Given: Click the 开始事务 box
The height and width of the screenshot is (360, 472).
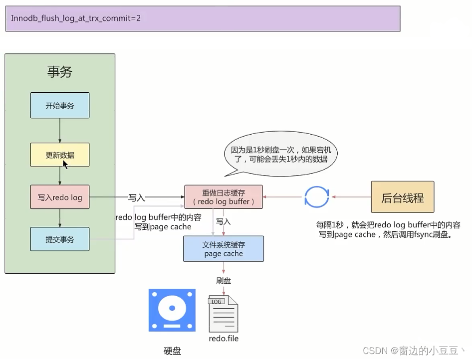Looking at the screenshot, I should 60,105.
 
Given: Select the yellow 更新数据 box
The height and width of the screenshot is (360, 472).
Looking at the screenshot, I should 60,155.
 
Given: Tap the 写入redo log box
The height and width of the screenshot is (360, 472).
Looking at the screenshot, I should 60,197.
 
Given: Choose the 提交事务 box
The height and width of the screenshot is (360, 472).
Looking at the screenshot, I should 60,239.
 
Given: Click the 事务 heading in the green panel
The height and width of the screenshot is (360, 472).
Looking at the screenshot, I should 60,72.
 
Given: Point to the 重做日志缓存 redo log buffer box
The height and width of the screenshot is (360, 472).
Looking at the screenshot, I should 224,197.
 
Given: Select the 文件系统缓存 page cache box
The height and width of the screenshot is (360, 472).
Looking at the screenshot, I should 224,249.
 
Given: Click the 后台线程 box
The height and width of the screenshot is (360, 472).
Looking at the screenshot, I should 403,197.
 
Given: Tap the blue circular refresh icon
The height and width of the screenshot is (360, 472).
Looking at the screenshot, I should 317,197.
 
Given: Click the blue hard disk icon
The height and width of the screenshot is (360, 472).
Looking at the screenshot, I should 172,310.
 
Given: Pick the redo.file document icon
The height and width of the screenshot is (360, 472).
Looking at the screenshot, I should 223,314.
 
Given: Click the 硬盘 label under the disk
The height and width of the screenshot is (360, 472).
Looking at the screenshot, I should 172,351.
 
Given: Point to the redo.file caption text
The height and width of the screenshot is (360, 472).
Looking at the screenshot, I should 224,339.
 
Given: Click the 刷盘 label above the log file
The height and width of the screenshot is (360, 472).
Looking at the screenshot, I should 224,281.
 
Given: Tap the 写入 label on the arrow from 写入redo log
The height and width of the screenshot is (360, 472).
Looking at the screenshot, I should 136,197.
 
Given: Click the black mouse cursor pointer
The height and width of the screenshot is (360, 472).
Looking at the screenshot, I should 65,164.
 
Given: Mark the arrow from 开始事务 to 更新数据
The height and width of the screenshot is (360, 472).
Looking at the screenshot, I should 60,130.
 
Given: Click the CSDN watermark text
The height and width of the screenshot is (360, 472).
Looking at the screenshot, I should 415,351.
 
